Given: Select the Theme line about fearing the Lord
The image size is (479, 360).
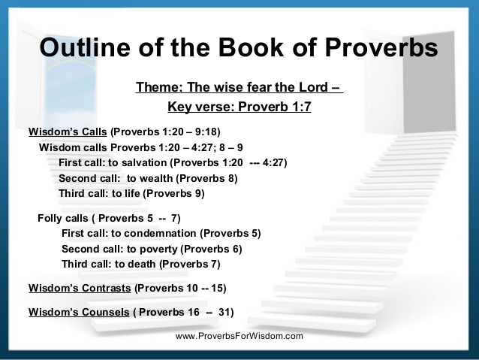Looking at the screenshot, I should click(239, 87).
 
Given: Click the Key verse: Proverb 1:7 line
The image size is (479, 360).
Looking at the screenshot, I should click(239, 107).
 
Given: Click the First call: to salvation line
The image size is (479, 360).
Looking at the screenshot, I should click(173, 162).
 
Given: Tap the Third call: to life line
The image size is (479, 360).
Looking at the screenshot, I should click(131, 193).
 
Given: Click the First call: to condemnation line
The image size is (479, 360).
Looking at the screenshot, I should click(161, 233).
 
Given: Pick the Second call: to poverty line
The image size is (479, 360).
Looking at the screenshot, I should click(152, 249).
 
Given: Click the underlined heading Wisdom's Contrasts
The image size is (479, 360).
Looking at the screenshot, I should click(80, 288).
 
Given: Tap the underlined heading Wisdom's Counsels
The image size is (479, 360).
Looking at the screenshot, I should click(79, 312).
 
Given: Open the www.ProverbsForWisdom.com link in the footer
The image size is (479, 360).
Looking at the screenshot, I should click(239, 336).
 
